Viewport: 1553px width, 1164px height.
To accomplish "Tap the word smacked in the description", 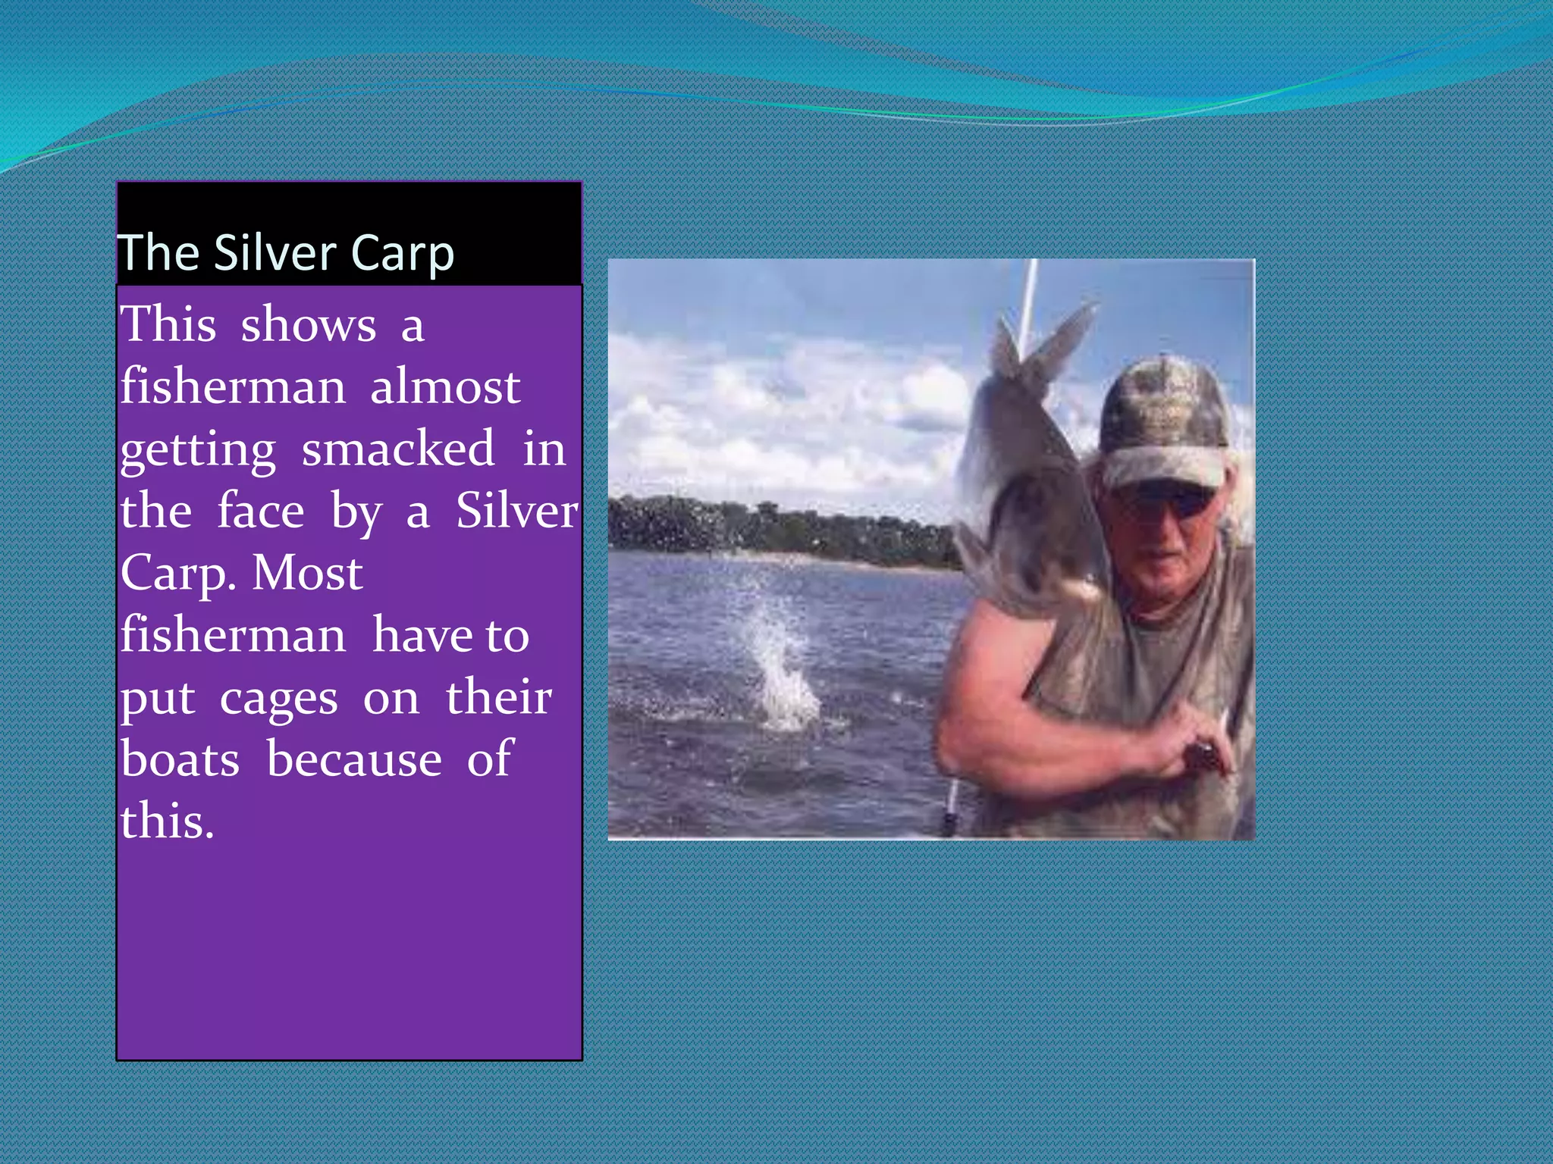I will [x=398, y=449].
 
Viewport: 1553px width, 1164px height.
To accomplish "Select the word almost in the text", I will [x=445, y=386].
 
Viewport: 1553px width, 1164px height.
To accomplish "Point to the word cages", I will [x=278, y=699].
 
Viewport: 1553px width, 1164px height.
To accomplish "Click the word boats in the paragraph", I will [x=180, y=759].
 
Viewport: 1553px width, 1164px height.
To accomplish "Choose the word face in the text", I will [x=261, y=511].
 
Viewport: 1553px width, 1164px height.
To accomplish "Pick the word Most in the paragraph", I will [x=307, y=573].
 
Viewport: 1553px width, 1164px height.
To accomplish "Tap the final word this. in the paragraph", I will [x=167, y=821].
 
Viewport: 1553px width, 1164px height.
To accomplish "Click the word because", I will [x=354, y=759].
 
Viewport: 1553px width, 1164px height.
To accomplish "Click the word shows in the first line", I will [x=308, y=324].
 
